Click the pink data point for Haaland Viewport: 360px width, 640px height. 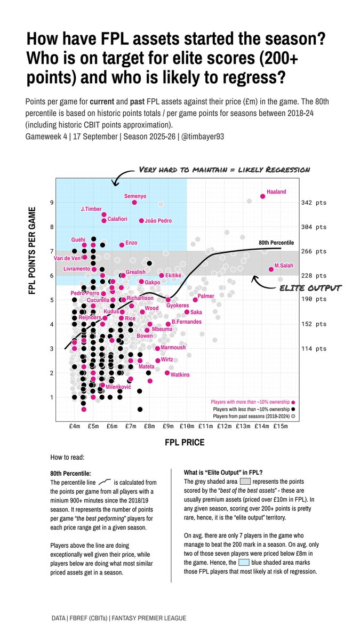[262, 196]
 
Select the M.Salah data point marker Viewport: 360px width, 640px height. [271, 269]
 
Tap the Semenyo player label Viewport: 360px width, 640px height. [135, 196]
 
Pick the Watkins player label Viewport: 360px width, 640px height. [180, 375]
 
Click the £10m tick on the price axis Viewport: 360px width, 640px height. [187, 426]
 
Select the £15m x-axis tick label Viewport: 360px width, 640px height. [281, 426]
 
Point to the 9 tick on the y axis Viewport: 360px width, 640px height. [52, 203]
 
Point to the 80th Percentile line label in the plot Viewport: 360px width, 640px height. [276, 243]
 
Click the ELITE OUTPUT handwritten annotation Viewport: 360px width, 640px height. [310, 288]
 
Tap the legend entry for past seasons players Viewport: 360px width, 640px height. [251, 415]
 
